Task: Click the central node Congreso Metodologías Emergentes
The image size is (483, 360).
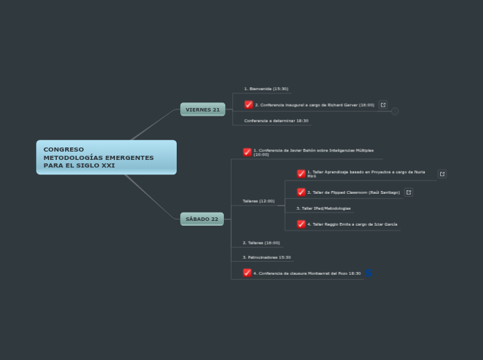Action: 106,157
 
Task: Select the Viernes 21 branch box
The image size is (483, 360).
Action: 202,109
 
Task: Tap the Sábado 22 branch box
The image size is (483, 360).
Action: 202,219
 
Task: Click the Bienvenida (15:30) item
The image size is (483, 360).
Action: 266,89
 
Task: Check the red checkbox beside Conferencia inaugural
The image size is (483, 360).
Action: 249,105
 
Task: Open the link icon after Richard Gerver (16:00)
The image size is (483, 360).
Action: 383,105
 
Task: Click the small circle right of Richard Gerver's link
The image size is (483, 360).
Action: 395,111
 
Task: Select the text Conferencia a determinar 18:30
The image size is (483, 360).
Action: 276,120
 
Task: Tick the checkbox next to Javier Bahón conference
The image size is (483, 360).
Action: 247,152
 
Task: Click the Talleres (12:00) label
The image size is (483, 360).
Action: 258,201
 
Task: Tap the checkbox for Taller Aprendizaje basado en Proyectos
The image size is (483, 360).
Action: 301,174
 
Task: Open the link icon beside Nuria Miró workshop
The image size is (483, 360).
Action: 442,174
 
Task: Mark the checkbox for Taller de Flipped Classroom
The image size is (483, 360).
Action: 301,192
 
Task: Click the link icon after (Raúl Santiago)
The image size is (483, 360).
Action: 409,192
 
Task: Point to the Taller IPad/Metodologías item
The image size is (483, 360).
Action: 324,208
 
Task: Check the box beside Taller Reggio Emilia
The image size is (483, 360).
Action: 301,224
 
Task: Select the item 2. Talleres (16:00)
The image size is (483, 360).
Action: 261,243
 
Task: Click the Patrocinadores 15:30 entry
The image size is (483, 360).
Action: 267,258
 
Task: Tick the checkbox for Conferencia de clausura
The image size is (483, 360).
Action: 247,273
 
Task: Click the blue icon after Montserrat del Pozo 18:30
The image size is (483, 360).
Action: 369,273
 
